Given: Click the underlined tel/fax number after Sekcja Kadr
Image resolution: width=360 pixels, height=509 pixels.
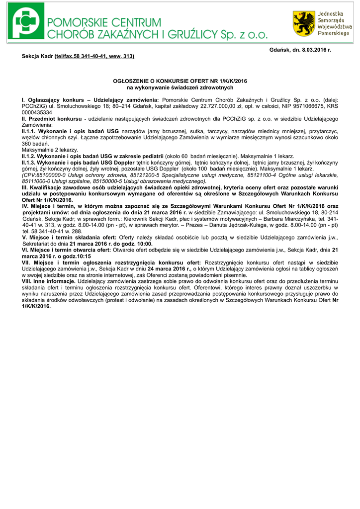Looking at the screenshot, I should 94,57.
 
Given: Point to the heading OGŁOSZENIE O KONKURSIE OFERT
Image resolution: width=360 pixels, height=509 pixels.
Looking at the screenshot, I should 180,81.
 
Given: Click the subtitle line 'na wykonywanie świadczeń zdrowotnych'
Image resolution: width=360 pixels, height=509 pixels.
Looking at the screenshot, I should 180,87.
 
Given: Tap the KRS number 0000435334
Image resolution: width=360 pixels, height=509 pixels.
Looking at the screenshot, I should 38,112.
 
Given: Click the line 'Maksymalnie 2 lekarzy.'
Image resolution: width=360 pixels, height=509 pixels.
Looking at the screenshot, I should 50,149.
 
